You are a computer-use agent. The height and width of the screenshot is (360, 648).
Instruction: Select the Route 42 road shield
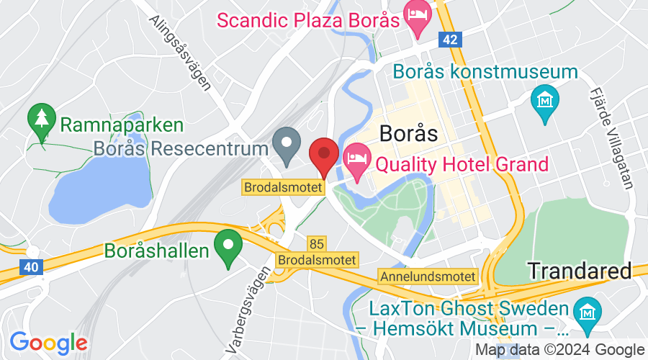click(x=451, y=40)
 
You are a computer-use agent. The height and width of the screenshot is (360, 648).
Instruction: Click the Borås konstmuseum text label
click(x=486, y=73)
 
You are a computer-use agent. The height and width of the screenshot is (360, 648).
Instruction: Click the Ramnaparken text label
click(x=122, y=125)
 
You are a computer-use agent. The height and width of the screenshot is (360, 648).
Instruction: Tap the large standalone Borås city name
click(x=408, y=134)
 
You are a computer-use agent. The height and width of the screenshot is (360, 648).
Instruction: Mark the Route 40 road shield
click(x=30, y=267)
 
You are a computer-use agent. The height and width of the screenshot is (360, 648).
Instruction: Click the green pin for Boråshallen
click(x=230, y=246)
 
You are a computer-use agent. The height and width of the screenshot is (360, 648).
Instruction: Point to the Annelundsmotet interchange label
click(x=428, y=276)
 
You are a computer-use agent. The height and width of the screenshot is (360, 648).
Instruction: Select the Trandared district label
click(x=580, y=271)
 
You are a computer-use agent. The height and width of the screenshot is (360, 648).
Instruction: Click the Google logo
click(x=48, y=342)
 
